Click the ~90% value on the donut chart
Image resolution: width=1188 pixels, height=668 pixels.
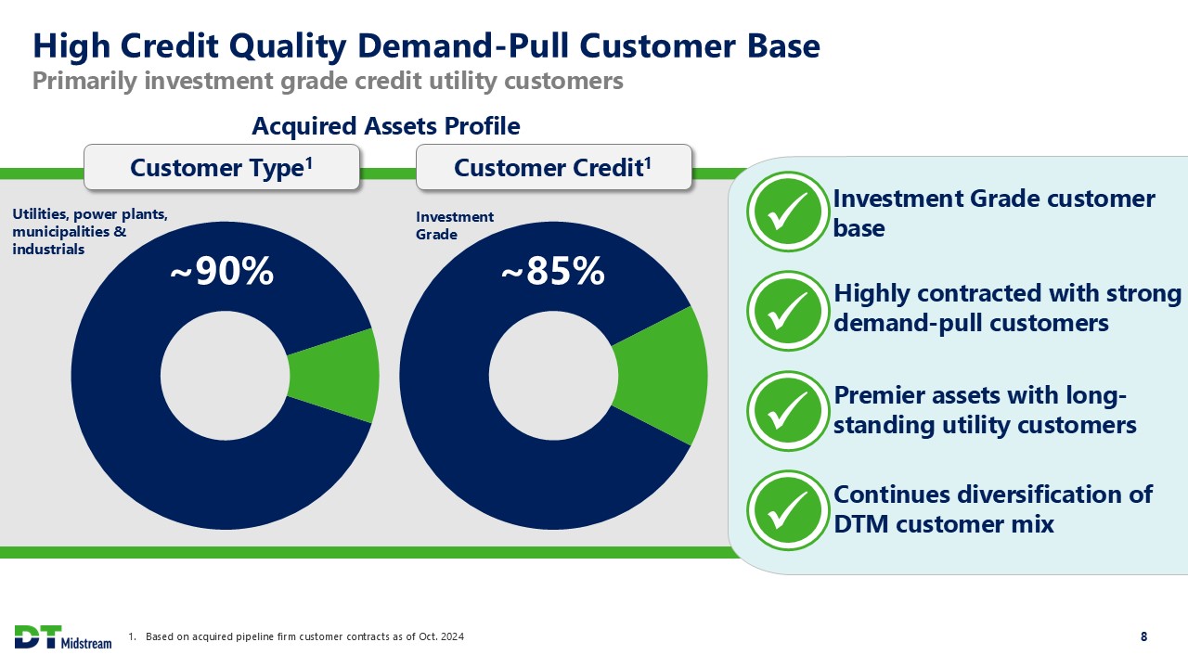pyautogui.click(x=222, y=272)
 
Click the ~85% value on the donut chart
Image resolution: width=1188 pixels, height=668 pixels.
pyautogui.click(x=552, y=272)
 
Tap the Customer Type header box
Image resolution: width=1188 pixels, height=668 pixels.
pyautogui.click(x=222, y=167)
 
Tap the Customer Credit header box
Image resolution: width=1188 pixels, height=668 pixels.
pyautogui.click(x=554, y=167)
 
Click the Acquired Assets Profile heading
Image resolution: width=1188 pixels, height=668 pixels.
pyautogui.click(x=385, y=126)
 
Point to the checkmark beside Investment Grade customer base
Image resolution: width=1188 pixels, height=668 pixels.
pyautogui.click(x=788, y=211)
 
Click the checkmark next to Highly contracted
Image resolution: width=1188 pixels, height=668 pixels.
pyautogui.click(x=788, y=311)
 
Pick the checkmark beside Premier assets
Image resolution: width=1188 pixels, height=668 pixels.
pyautogui.click(x=788, y=411)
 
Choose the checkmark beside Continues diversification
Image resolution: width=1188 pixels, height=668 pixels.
pyautogui.click(x=788, y=510)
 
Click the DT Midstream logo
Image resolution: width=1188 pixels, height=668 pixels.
pyautogui.click(x=62, y=636)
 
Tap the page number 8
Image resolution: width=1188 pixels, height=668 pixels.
pyautogui.click(x=1144, y=636)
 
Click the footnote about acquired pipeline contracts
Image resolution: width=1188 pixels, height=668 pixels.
pyautogui.click(x=296, y=636)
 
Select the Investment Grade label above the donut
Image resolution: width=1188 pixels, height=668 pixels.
pyautogui.click(x=455, y=225)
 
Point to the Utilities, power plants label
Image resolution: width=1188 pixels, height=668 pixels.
pyautogui.click(x=90, y=231)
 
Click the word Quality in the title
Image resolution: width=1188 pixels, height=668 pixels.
pyautogui.click(x=288, y=46)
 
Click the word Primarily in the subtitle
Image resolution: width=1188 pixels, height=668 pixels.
pyautogui.click(x=84, y=82)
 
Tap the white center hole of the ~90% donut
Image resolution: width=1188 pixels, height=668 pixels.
pyautogui.click(x=225, y=376)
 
